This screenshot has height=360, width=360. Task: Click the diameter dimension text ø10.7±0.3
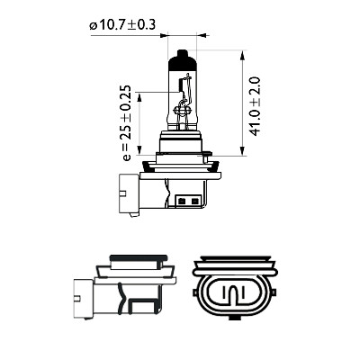(122, 25)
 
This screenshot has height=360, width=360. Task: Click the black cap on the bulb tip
(182, 59)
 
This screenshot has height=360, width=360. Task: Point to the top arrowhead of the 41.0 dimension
(242, 54)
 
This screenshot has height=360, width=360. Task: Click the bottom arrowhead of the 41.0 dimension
(242, 151)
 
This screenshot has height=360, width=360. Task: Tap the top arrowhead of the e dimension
(139, 96)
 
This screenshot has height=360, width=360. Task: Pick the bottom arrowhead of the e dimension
(139, 151)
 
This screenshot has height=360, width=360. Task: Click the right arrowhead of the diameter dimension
(203, 36)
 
